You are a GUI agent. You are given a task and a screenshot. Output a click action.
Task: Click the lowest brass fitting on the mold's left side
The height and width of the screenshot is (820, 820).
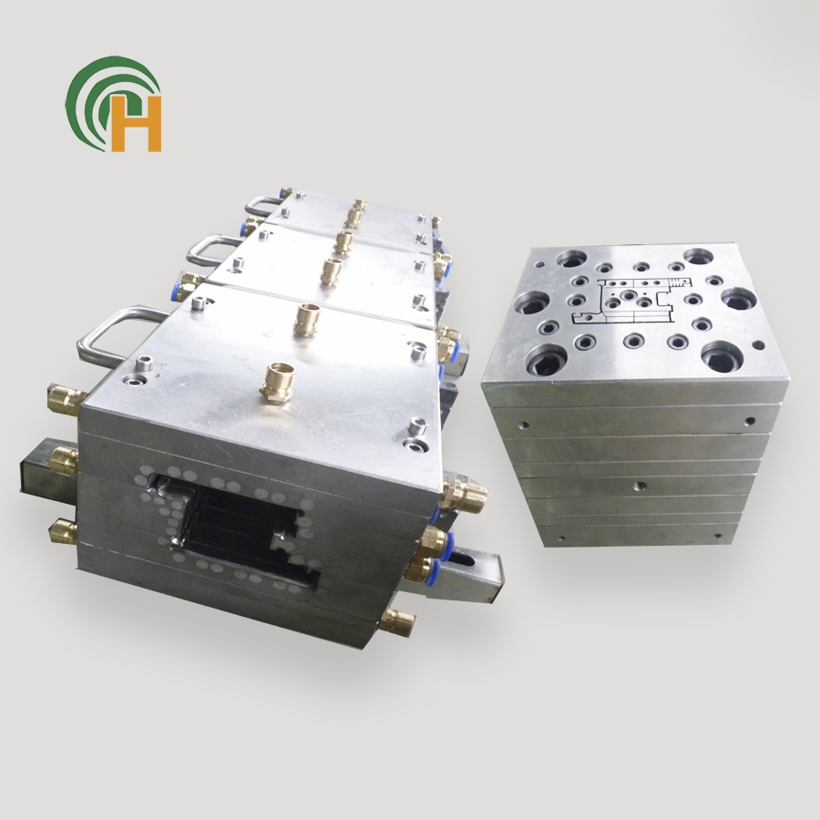(64, 531)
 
